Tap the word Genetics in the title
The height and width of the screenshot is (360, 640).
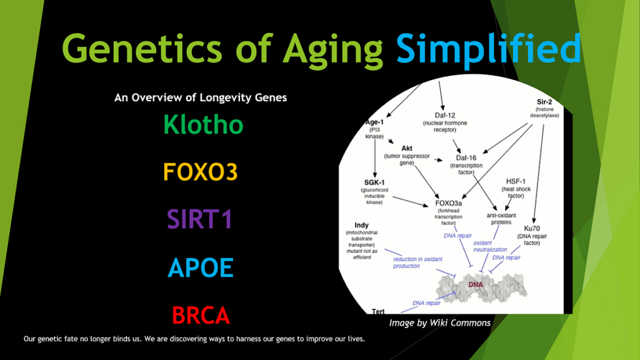[142, 48]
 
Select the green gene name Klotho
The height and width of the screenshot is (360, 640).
[203, 124]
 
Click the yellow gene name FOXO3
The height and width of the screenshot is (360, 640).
[201, 172]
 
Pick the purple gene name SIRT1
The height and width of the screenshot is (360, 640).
[200, 219]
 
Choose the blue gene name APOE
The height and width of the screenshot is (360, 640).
[201, 267]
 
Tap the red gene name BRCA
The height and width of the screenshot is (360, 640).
[201, 316]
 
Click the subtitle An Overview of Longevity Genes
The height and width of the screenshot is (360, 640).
[201, 97]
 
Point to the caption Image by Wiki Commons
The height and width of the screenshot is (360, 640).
[439, 323]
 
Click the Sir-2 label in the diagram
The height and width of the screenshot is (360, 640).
[544, 102]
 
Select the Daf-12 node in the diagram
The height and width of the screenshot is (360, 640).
[445, 116]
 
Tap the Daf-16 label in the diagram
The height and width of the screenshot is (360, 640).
[466, 158]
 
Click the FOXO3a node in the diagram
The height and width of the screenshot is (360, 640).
[449, 203]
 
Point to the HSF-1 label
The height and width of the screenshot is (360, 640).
[516, 182]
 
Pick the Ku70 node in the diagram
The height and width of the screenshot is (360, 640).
[532, 229]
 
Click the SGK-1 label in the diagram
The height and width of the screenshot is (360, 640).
[374, 182]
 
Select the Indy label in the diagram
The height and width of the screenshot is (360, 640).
[362, 225]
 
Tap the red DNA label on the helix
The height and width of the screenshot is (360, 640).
[476, 284]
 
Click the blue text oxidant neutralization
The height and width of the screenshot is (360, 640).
[490, 246]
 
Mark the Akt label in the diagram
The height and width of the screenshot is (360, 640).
[406, 148]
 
